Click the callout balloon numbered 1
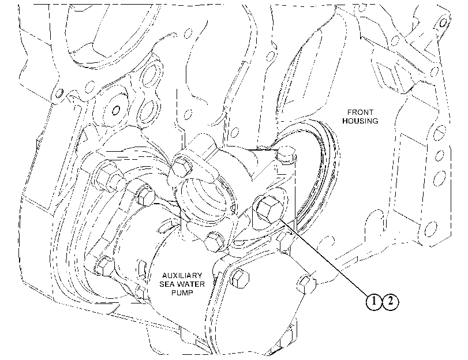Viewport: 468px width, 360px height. (x=374, y=302)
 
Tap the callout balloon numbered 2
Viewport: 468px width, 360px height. (x=391, y=302)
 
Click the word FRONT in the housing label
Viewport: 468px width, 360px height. (x=360, y=112)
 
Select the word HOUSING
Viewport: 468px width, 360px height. (x=360, y=121)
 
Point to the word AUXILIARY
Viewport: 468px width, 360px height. (x=182, y=275)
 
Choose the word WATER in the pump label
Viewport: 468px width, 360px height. (x=192, y=284)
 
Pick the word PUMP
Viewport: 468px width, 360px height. (x=182, y=292)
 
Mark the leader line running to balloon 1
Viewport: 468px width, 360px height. (x=324, y=258)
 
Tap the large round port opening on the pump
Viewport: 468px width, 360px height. (x=206, y=199)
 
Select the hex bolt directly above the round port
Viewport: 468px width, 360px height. (x=181, y=167)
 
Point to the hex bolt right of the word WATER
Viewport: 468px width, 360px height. (x=239, y=279)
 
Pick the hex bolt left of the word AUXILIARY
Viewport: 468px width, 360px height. (x=105, y=265)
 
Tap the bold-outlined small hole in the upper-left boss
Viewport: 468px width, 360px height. (x=116, y=110)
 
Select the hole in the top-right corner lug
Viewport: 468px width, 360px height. (x=443, y=22)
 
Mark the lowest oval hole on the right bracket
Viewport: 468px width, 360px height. (x=429, y=228)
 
